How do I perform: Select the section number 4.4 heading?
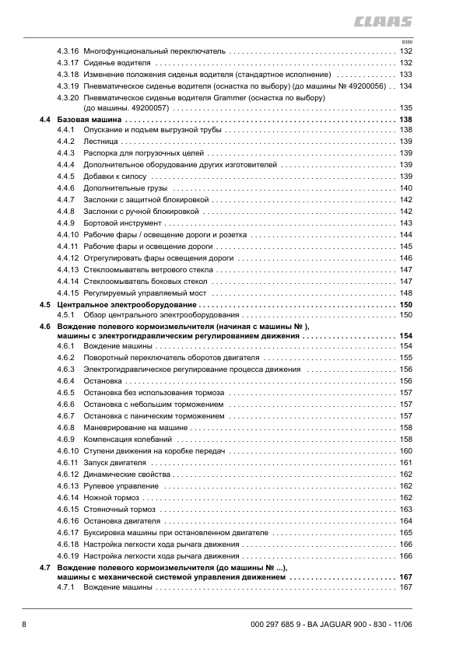45,121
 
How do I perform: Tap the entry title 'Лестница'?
100,142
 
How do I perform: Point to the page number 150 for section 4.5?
405,304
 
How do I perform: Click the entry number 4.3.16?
68,51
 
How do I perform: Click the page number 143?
405,223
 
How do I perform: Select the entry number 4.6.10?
68,451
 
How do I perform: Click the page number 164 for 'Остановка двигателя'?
405,520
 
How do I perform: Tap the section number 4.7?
45,569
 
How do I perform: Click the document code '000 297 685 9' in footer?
277,625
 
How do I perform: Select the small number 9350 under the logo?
406,40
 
